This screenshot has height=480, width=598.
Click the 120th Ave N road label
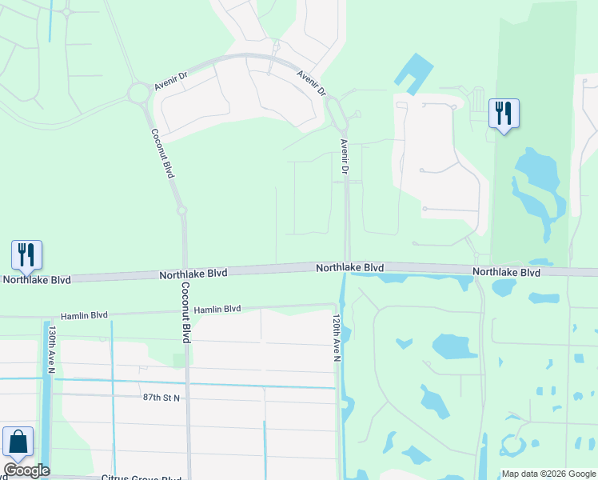(337, 337)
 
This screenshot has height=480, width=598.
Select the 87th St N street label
(162, 397)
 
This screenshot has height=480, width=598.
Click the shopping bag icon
(18, 442)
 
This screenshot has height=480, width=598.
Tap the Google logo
(26, 470)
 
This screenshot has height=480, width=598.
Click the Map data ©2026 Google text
(548, 474)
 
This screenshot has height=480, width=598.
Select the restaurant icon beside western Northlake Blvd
(26, 254)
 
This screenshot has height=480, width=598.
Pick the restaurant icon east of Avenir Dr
(504, 113)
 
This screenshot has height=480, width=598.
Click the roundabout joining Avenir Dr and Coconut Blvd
(140, 94)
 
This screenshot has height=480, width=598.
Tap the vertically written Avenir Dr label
(345, 157)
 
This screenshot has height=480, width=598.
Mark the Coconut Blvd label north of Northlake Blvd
(161, 154)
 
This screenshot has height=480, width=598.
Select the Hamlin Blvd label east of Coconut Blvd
(217, 309)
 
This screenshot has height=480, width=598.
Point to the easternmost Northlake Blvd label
(506, 273)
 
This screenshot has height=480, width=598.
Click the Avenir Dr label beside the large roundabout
(171, 82)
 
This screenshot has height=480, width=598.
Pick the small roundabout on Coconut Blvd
(182, 211)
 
